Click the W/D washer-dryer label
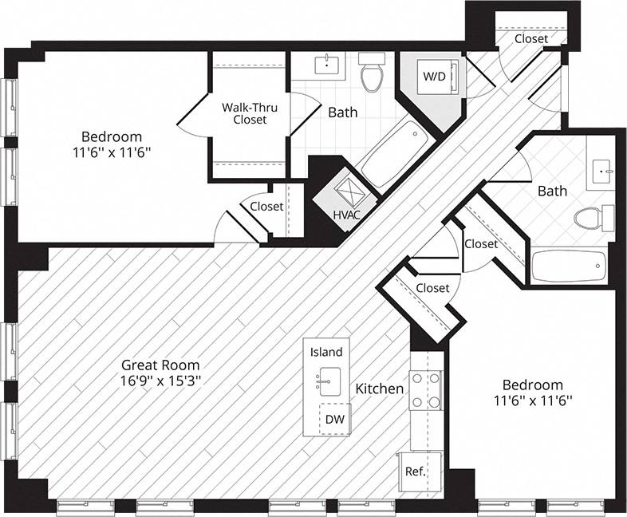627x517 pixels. pyautogui.click(x=434, y=77)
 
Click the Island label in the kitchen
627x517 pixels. pyautogui.click(x=326, y=352)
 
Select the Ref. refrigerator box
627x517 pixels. pyautogui.click(x=414, y=471)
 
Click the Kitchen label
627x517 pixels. pyautogui.click(x=379, y=389)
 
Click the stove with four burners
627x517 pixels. pyautogui.click(x=426, y=391)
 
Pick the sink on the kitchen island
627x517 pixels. pyautogui.click(x=326, y=380)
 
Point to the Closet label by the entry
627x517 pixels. pyautogui.click(x=530, y=38)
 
